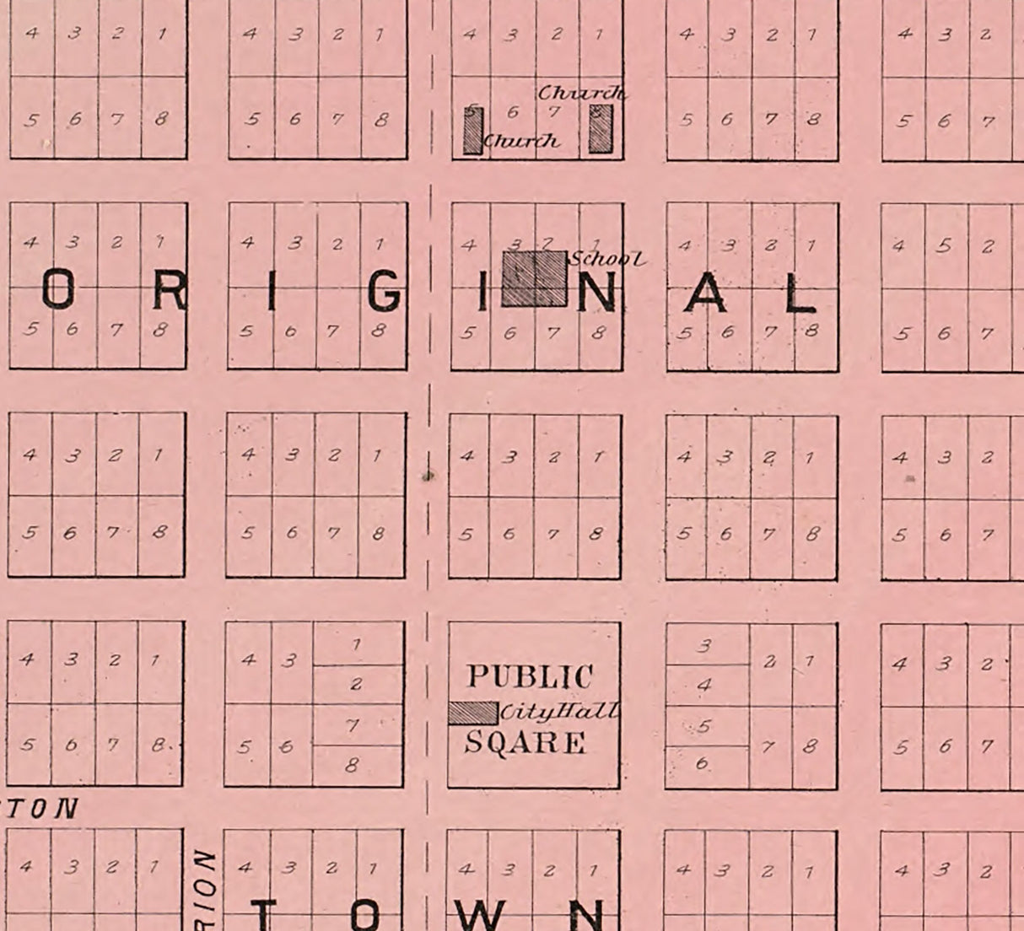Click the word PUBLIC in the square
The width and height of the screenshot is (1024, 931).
[x=530, y=676]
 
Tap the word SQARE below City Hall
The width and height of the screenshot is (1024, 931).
[x=525, y=743]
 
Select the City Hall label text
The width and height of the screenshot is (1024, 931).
[x=559, y=713]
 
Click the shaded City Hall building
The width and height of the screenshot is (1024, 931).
[x=472, y=713]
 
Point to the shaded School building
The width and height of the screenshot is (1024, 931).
[x=534, y=278]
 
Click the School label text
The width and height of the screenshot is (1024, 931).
[x=608, y=259]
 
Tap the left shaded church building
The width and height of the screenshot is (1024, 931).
[x=472, y=130]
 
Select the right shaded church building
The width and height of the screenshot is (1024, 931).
[x=600, y=127]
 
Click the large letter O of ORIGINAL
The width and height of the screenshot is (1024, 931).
[x=58, y=293]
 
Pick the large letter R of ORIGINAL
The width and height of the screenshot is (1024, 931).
[x=170, y=293]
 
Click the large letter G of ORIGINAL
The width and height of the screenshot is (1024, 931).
[x=385, y=293]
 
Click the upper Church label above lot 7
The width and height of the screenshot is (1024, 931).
[x=582, y=93]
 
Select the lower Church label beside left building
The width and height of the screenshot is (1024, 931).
[x=521, y=141]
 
